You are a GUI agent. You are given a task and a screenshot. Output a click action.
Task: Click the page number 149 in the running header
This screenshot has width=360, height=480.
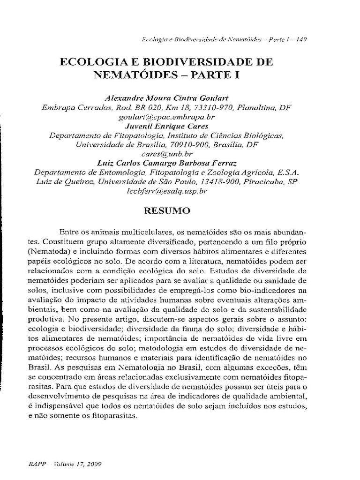[302, 40]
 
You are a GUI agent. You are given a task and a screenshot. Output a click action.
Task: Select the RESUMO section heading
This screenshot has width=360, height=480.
[166, 210]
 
